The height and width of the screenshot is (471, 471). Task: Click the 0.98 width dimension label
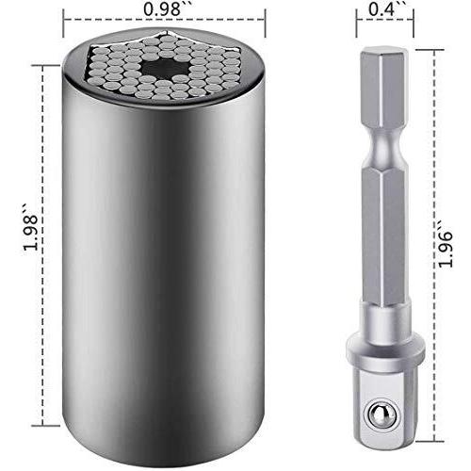coord(163,9)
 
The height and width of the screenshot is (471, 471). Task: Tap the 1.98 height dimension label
coord(31,228)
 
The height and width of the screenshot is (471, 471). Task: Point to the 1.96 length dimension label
coord(446,245)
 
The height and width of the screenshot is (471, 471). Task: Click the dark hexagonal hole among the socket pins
coord(165,69)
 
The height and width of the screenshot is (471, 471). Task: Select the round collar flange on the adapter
coord(385,351)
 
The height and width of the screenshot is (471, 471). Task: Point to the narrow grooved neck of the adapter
coord(385,148)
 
